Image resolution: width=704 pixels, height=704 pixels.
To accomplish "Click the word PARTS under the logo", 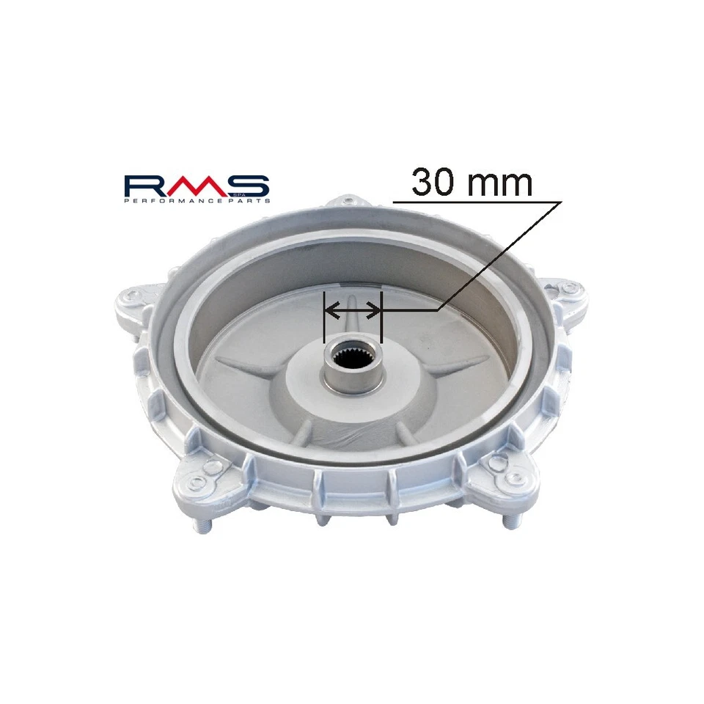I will [249, 201].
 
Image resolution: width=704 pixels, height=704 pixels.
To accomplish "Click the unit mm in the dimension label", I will [500, 184].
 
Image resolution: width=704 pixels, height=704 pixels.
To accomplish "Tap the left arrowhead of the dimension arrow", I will [329, 311].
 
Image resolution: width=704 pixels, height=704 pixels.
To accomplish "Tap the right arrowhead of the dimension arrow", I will [377, 311].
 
